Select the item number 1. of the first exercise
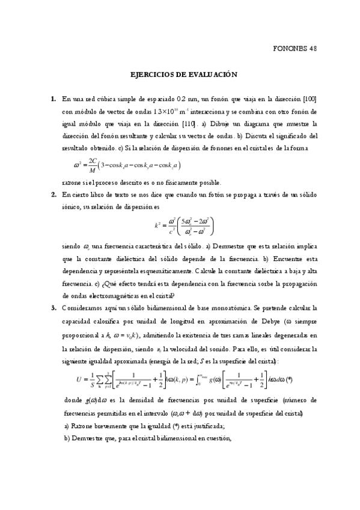coord(53,99)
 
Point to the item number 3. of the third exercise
coord(53,307)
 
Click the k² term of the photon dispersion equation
coord(157,226)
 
